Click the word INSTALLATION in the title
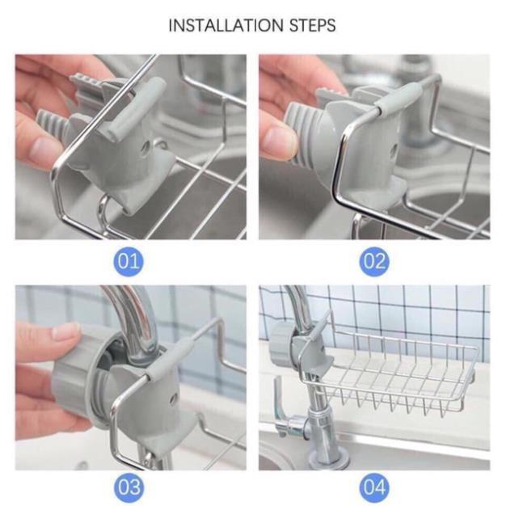[218, 25]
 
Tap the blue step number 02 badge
[374, 261]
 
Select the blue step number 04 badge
[374, 487]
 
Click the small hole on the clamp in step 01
[146, 150]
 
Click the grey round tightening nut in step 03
[77, 376]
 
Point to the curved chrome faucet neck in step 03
[133, 315]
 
